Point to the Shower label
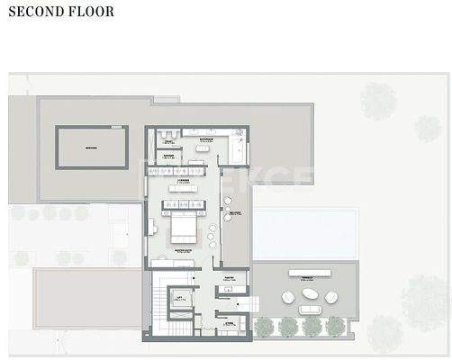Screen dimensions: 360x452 click(168, 155)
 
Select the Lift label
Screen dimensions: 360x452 click(180, 297)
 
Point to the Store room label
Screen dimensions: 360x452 click(228, 321)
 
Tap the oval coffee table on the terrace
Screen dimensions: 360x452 click(309, 293)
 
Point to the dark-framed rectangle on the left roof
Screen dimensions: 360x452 click(92, 146)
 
